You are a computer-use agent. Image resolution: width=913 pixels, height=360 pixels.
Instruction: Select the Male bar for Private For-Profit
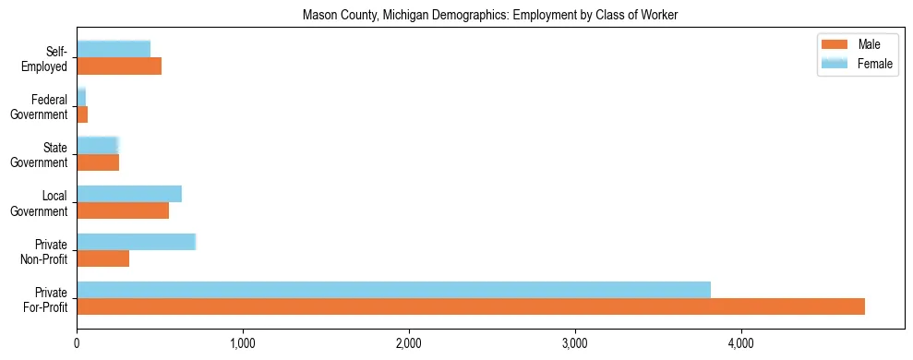click(x=471, y=306)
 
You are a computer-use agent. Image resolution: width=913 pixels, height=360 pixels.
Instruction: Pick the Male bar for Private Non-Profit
click(x=102, y=258)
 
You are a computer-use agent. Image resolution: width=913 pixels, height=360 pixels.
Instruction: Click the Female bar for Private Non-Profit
click(x=136, y=242)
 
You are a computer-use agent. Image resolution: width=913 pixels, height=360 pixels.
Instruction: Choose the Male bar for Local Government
click(x=123, y=210)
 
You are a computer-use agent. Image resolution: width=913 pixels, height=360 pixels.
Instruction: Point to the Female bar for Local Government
click(x=129, y=194)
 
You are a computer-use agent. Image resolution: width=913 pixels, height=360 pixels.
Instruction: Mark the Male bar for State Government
click(x=98, y=162)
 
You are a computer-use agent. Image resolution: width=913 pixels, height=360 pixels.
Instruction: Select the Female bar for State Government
click(x=98, y=146)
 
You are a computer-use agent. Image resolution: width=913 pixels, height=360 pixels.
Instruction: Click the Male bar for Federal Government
click(x=82, y=114)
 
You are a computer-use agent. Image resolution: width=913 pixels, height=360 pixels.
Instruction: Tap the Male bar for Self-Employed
click(x=119, y=66)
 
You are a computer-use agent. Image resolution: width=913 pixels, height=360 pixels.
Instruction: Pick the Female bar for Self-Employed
click(x=114, y=50)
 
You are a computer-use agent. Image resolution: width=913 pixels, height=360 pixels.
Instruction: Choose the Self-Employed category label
click(x=46, y=58)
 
